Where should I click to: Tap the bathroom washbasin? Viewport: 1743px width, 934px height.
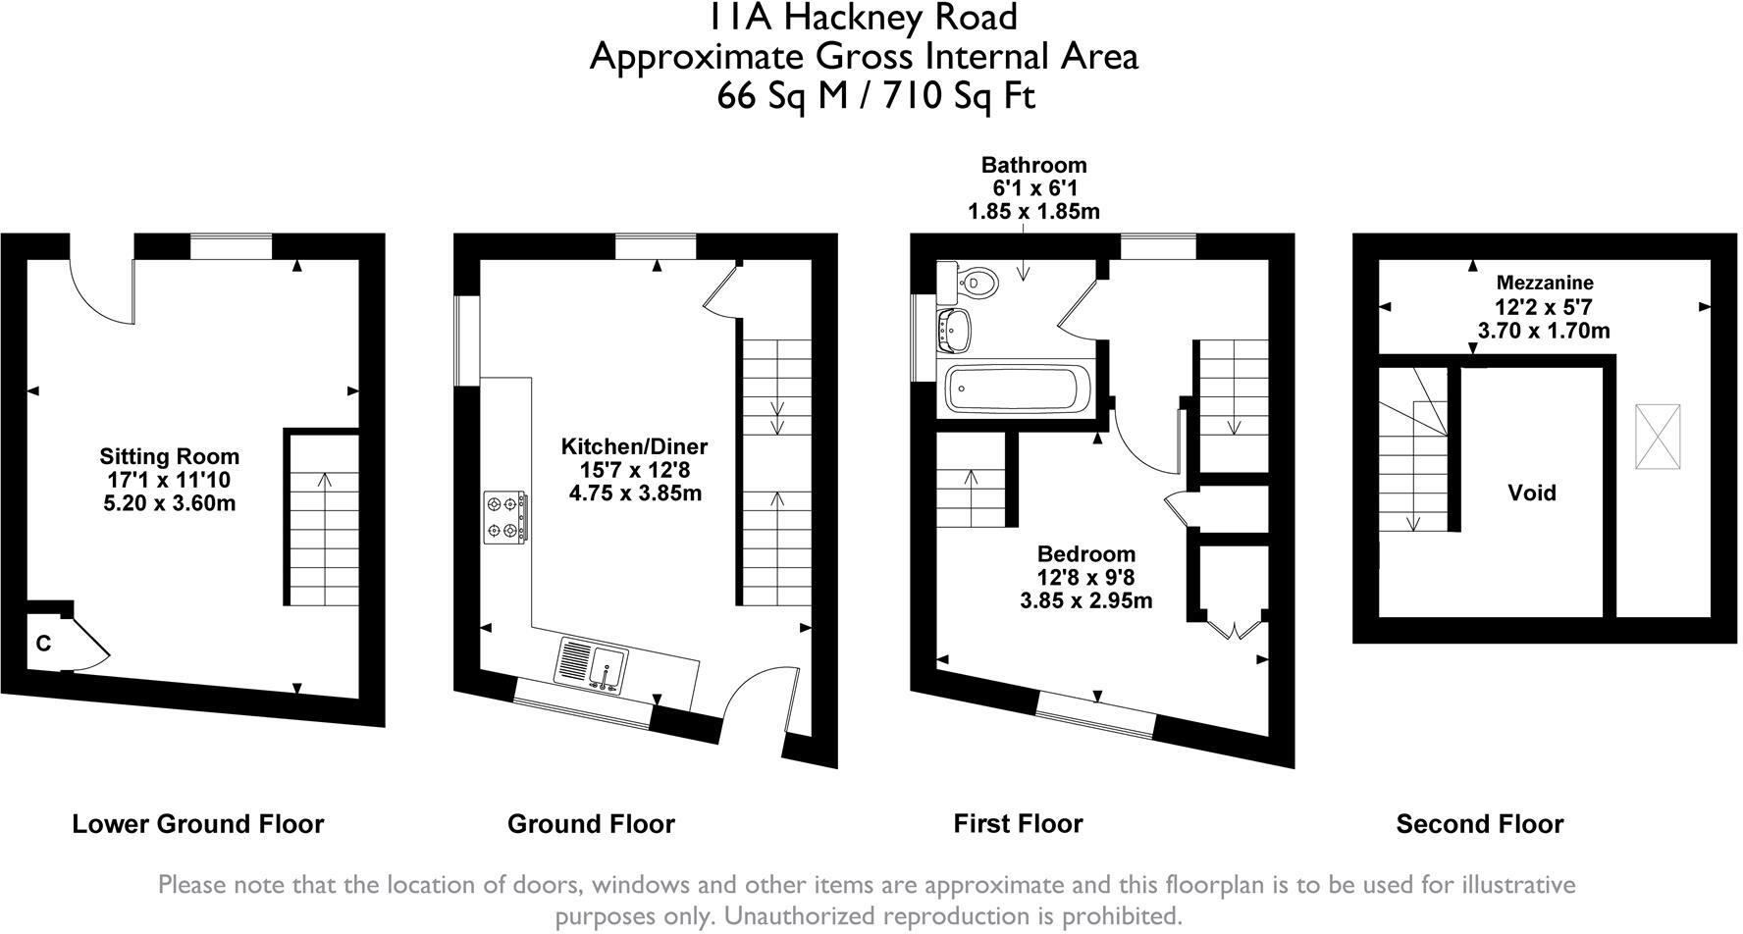(x=956, y=330)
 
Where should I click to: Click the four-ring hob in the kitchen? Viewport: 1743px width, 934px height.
(x=506, y=517)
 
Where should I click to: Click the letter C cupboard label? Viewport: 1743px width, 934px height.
(x=43, y=645)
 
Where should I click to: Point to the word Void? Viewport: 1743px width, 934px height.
(x=1531, y=493)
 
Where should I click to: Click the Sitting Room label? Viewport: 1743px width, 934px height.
(x=169, y=456)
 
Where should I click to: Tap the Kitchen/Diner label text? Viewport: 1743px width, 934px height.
(x=634, y=446)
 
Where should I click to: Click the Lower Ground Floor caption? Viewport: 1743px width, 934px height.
(x=197, y=824)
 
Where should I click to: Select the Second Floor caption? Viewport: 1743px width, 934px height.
(x=1479, y=824)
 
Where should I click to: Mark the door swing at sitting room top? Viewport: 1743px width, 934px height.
(x=100, y=290)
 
